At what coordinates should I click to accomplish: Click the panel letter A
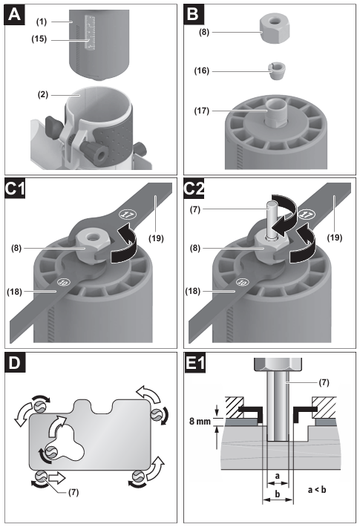14,15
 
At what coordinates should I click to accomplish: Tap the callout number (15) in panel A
39,39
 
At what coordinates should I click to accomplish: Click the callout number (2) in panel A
43,94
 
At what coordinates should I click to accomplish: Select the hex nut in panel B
275,30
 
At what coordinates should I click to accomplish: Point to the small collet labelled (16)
277,70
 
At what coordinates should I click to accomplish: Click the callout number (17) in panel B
201,111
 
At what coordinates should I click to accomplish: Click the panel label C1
15,189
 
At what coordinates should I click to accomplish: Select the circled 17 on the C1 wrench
128,215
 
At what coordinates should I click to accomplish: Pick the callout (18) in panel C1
14,292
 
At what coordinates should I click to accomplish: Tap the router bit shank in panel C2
272,218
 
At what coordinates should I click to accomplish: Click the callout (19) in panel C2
335,238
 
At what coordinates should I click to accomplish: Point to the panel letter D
14,362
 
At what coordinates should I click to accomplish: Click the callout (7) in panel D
73,492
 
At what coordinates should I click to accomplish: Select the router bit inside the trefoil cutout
51,451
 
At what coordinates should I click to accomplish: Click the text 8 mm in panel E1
200,421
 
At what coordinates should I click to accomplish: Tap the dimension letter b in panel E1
278,494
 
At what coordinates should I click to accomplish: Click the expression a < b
317,489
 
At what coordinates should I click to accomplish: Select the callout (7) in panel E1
324,382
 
